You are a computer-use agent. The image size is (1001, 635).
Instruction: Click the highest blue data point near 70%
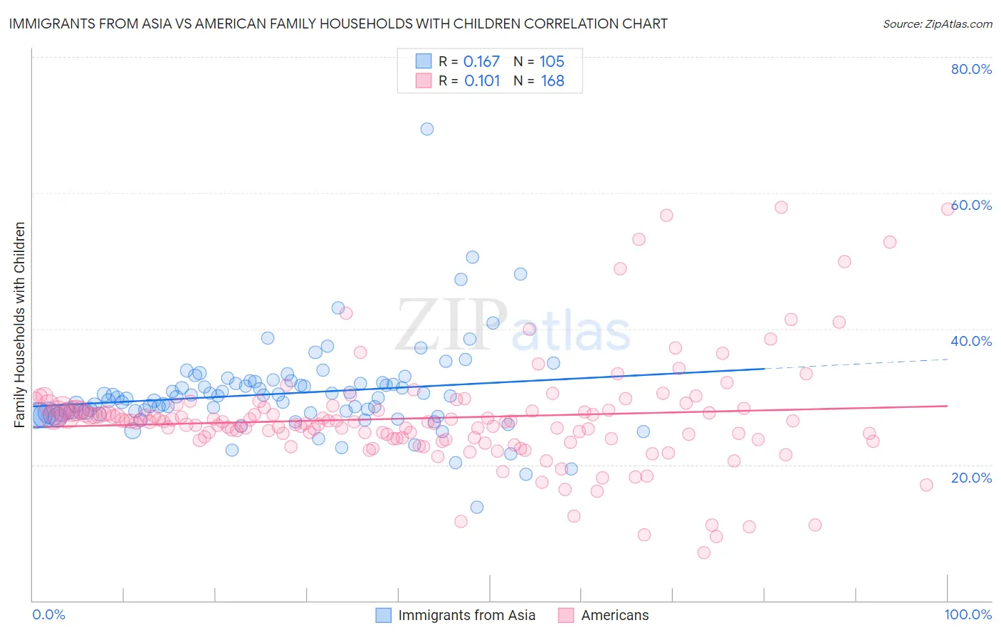(x=427, y=129)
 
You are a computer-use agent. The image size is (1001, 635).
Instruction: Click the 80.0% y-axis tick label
(x=971, y=69)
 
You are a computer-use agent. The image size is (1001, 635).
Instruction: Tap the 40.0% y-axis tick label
(x=971, y=341)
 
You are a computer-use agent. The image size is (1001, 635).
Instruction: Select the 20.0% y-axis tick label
(x=971, y=478)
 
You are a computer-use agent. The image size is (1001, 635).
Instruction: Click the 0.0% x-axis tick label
(x=48, y=614)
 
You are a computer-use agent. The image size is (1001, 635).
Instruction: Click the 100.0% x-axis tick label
(x=968, y=614)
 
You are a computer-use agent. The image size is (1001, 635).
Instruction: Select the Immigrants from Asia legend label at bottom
(x=466, y=615)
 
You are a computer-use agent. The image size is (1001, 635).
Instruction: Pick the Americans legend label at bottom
(x=614, y=615)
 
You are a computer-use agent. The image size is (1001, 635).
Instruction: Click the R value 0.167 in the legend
(x=481, y=62)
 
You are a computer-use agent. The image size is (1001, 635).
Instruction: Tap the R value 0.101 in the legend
(x=482, y=81)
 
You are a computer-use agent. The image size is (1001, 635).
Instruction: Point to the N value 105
(x=552, y=62)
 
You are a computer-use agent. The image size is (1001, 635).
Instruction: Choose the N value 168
(x=552, y=81)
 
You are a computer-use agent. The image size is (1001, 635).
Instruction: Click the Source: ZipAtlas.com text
(x=937, y=24)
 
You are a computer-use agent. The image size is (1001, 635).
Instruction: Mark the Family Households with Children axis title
(x=19, y=325)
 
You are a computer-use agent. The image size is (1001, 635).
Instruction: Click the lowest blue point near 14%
(x=477, y=507)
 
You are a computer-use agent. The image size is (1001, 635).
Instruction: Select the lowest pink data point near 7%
(x=704, y=552)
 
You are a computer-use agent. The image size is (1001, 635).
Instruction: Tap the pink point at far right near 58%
(x=948, y=209)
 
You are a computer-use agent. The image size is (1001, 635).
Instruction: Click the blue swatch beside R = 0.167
(x=424, y=61)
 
